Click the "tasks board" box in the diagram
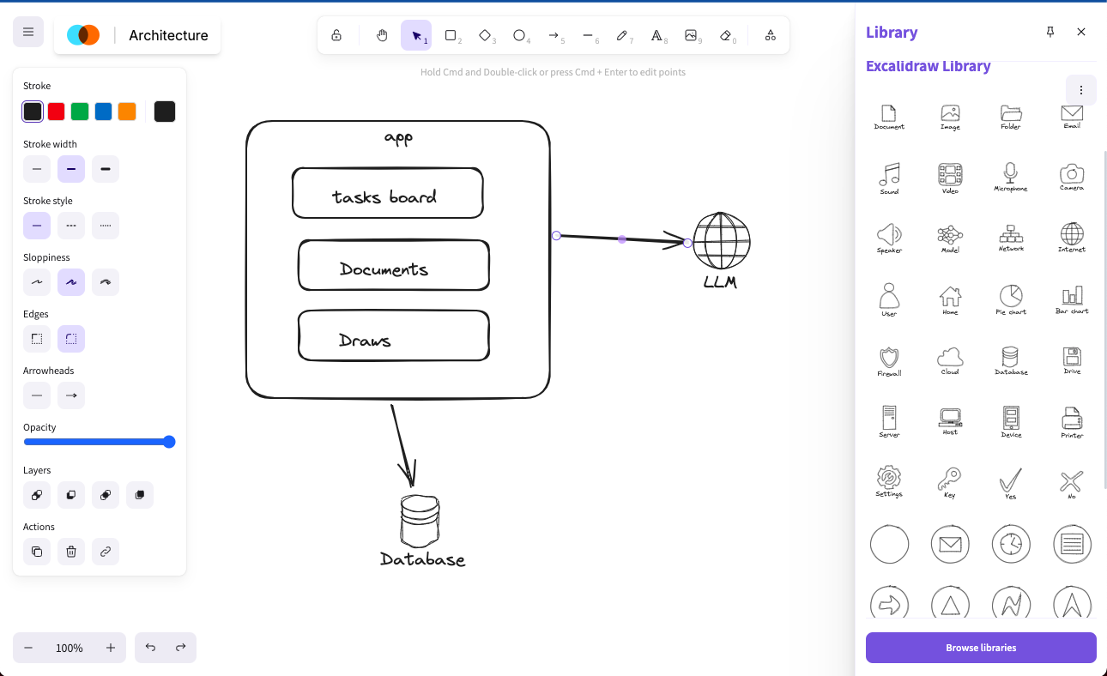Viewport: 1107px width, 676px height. click(387, 193)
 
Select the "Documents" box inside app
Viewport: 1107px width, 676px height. click(393, 266)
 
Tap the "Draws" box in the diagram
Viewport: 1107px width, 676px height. click(393, 335)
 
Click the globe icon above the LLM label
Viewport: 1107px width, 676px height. click(722, 241)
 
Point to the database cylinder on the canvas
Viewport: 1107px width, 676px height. click(420, 521)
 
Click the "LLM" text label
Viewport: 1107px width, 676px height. click(720, 281)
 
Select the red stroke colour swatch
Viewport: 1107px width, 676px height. click(57, 112)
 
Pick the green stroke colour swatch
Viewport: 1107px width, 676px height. click(80, 112)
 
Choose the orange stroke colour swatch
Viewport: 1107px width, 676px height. click(127, 112)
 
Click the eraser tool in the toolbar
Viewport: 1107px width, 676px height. click(726, 35)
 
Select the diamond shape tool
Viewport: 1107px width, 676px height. click(485, 35)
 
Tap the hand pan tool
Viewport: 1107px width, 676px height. click(382, 35)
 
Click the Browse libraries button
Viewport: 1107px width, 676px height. click(981, 648)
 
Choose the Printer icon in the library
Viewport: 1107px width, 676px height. click(1072, 419)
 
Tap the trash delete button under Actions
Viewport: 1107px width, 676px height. click(71, 552)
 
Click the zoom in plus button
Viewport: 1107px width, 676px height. click(111, 648)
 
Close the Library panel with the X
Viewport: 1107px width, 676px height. click(1081, 32)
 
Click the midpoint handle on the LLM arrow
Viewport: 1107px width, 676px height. click(622, 239)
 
